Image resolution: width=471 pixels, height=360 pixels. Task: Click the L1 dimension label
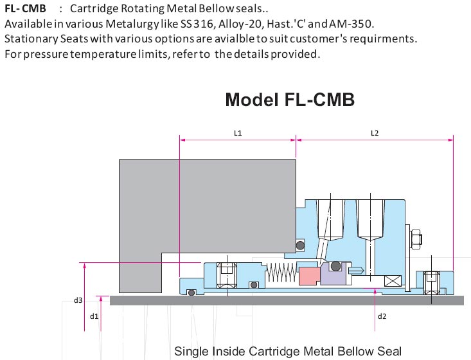point(237,133)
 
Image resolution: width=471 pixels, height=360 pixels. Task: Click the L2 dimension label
point(375,133)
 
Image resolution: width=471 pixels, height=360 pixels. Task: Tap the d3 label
point(78,300)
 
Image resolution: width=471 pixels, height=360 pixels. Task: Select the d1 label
point(94,316)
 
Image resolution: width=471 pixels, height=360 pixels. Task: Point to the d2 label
point(382,316)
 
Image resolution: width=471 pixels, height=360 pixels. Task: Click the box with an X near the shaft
point(392,281)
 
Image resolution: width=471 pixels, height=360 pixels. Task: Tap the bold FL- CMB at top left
point(25,9)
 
